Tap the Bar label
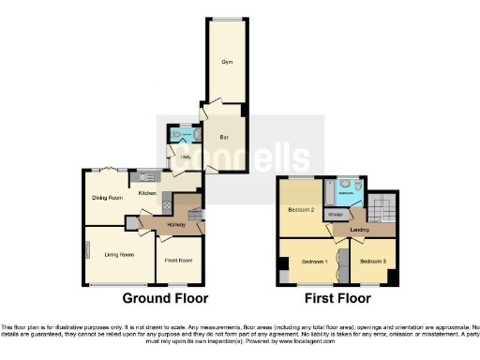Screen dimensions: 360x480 [224, 138]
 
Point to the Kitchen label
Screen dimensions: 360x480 [147, 193]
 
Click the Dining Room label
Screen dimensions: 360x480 [107, 198]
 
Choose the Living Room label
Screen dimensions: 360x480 [119, 254]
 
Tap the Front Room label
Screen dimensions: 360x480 [178, 260]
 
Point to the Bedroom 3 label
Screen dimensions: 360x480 [373, 260]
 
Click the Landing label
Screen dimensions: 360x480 [358, 229]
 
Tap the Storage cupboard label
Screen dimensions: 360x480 [335, 214]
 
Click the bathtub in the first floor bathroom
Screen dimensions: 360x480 [327, 193]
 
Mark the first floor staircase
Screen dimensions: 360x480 [381, 205]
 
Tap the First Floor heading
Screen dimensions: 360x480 [337, 299]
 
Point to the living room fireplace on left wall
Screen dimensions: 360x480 [87, 250]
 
